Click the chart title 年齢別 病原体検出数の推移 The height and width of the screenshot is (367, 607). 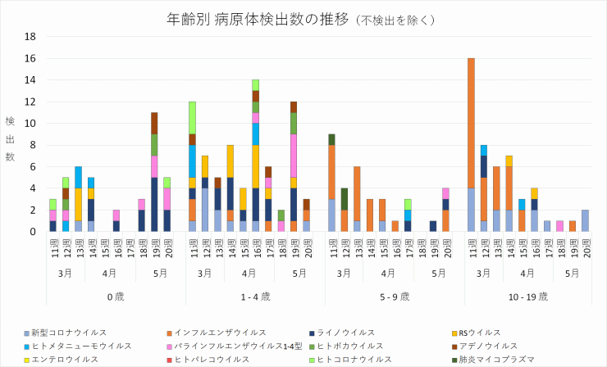pyautogui.click(x=259, y=19)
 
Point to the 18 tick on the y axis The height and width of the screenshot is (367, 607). pyautogui.click(x=30, y=37)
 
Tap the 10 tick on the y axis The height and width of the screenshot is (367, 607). pyautogui.click(x=30, y=124)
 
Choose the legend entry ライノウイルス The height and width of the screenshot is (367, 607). pyautogui.click(x=348, y=333)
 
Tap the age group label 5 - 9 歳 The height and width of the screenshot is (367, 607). pyautogui.click(x=385, y=296)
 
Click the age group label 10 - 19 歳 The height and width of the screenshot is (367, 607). pyautogui.click(x=527, y=296)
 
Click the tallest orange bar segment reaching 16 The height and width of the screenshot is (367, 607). pyautogui.click(x=471, y=123)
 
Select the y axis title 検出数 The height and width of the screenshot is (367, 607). pyautogui.click(x=11, y=138)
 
